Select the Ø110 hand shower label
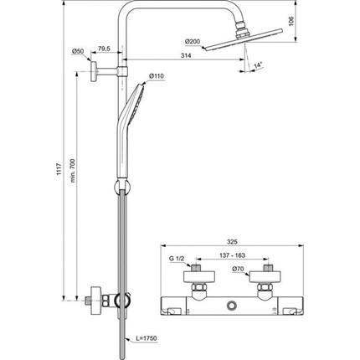[x=157, y=77]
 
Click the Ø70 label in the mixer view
[x=237, y=270]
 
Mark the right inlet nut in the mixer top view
[x=269, y=272]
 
